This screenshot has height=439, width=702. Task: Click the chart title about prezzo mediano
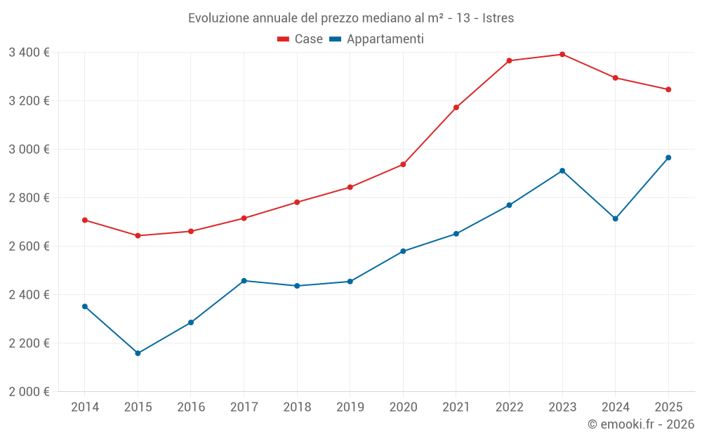click(x=350, y=18)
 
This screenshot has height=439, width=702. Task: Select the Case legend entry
click(x=300, y=39)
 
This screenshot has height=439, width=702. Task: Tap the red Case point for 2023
click(x=562, y=54)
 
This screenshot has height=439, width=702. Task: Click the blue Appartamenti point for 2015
click(x=138, y=353)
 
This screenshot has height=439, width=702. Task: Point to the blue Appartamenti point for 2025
click(x=668, y=157)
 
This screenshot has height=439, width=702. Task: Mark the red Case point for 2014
click(x=85, y=220)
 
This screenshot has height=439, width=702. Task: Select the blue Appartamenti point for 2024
click(x=615, y=218)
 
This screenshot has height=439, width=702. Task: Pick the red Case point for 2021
click(x=456, y=107)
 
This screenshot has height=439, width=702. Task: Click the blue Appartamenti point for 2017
click(x=244, y=281)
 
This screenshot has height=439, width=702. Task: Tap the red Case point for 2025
click(x=668, y=89)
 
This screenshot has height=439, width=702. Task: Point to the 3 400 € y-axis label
click(x=29, y=52)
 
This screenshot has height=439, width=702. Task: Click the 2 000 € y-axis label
click(x=29, y=391)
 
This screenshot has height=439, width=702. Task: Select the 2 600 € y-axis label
click(x=29, y=246)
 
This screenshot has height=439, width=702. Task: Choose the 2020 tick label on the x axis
click(x=403, y=407)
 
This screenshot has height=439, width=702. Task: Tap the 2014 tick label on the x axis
click(x=85, y=407)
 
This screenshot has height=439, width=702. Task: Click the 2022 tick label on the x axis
click(x=509, y=407)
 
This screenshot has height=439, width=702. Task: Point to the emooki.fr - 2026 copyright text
click(x=640, y=424)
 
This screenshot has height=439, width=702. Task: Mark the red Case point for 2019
click(x=350, y=187)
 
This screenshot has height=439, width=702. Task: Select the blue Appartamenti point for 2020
click(x=403, y=251)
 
